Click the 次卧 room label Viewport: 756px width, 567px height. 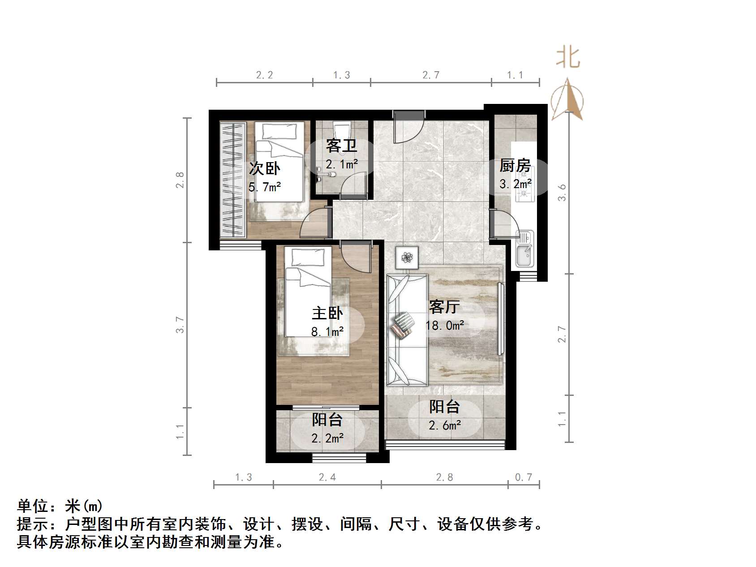(x=265, y=169)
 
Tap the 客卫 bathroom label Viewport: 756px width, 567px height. (x=341, y=146)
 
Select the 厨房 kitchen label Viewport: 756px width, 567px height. (x=515, y=166)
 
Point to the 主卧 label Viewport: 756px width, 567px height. (x=327, y=313)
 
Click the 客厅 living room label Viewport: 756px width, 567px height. (x=444, y=307)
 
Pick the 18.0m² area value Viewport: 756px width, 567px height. (x=445, y=325)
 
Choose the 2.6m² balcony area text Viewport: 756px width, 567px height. (x=445, y=425)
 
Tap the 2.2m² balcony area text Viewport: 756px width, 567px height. (x=328, y=438)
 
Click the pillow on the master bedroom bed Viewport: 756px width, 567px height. (x=307, y=258)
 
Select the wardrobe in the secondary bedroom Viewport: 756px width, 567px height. (x=233, y=179)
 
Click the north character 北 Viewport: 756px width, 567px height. (x=568, y=58)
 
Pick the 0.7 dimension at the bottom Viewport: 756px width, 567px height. (x=523, y=477)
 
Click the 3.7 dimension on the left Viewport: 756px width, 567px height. (x=180, y=325)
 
